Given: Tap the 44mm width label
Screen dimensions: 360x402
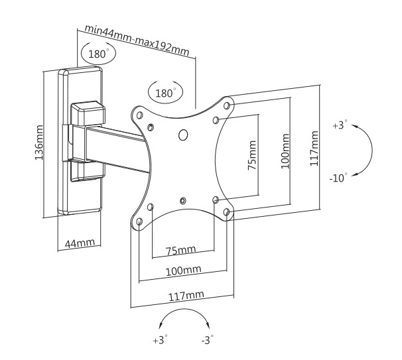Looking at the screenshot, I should tap(79, 243).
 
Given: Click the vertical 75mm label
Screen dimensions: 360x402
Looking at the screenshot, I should tap(251, 155).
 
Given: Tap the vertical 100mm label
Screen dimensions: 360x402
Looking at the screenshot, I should tap(285, 150).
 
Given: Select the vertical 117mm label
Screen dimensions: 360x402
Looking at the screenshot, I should tap(314, 148).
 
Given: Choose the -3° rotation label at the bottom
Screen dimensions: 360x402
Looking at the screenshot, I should tap(207, 341).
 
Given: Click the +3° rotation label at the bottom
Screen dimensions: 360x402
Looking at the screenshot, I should tap(160, 341).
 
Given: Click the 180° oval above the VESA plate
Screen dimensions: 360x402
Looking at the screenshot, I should tap(165, 93).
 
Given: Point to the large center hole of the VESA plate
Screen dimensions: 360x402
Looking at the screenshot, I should tap(184, 135).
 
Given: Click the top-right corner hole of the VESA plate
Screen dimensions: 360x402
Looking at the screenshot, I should tap(228, 105).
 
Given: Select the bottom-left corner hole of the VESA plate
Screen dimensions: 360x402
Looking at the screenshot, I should tap(139, 222).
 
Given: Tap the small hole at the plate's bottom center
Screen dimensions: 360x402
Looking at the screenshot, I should tap(183, 199).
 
